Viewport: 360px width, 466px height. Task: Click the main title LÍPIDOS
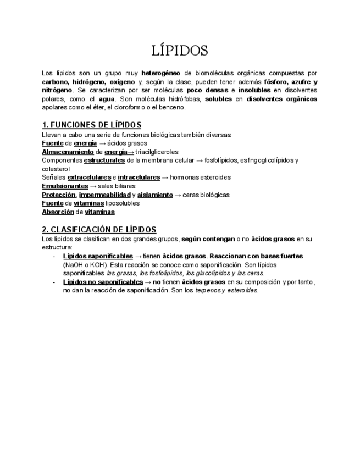point(180,51)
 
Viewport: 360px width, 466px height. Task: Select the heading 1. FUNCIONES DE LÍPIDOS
point(92,125)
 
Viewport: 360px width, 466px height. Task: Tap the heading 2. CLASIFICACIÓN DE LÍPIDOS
point(99,230)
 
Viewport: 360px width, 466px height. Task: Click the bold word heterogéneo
point(161,73)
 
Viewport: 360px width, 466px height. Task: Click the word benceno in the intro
point(173,108)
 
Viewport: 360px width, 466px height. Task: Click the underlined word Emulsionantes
point(65,186)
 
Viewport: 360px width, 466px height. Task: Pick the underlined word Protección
point(58,195)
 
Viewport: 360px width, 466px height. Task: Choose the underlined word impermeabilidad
point(104,195)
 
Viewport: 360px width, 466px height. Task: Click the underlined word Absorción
point(58,212)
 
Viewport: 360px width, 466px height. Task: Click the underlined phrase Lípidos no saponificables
point(103,282)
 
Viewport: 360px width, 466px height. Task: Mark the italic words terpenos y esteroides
point(226,291)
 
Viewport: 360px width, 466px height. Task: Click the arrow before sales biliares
point(93,186)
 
